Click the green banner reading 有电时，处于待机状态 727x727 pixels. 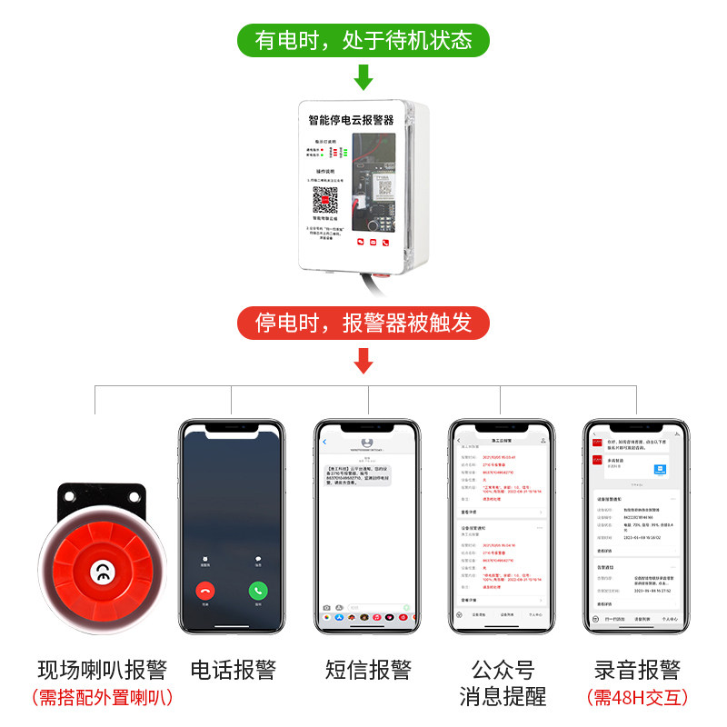click(363, 41)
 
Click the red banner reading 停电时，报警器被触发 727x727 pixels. click(363, 323)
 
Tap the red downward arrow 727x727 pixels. click(363, 361)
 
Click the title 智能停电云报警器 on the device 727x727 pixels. click(351, 119)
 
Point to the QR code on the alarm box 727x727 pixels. click(326, 200)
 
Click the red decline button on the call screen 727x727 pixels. click(205, 590)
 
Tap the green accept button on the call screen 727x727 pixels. click(258, 590)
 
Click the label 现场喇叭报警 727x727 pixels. click(103, 671)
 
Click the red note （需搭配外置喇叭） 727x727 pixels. click(103, 698)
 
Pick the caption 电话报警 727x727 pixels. click(234, 671)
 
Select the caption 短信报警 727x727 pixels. click(368, 671)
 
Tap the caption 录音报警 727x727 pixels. click(636, 671)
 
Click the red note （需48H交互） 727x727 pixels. click(636, 698)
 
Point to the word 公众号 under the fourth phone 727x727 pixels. click(503, 671)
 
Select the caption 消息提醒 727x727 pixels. click(503, 698)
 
